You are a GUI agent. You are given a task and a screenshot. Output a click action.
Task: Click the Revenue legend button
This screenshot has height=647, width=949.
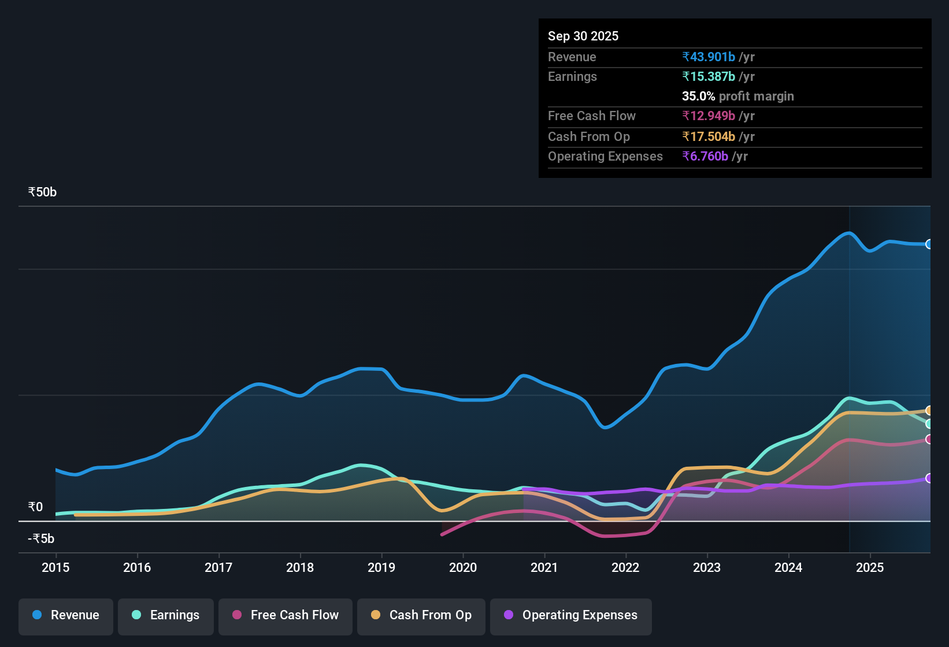coord(66,615)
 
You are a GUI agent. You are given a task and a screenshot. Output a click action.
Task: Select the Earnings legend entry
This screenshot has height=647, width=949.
coord(166,615)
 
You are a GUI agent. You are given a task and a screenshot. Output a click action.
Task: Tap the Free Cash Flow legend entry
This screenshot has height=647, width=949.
coord(286,615)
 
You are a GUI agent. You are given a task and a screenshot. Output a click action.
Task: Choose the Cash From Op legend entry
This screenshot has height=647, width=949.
coord(421,615)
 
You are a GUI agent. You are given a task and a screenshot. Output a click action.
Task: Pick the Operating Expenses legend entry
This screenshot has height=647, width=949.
coord(571,615)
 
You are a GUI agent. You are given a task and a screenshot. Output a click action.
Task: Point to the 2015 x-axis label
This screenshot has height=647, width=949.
coord(55,568)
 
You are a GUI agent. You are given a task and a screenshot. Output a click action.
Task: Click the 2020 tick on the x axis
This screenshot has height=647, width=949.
coord(463,568)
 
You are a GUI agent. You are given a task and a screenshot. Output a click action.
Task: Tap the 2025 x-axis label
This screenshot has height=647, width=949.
coord(870,568)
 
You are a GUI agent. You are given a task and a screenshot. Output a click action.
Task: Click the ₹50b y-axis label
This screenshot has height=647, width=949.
coord(42,192)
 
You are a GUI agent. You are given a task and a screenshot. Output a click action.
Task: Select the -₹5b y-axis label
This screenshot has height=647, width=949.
coord(41,539)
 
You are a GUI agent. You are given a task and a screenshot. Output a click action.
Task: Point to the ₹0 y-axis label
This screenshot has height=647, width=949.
coord(35,507)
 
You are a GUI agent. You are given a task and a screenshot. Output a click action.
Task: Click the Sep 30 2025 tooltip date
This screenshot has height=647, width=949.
coord(583,36)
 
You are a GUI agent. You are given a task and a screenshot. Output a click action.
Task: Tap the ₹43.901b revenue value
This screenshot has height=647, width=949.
coord(709,57)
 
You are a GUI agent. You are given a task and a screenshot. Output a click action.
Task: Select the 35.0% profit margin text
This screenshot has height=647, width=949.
coord(737,96)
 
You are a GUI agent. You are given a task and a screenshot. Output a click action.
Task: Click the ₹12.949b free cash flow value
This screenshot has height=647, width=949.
coord(709,116)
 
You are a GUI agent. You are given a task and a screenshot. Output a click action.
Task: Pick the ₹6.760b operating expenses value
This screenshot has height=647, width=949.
coord(705,157)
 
